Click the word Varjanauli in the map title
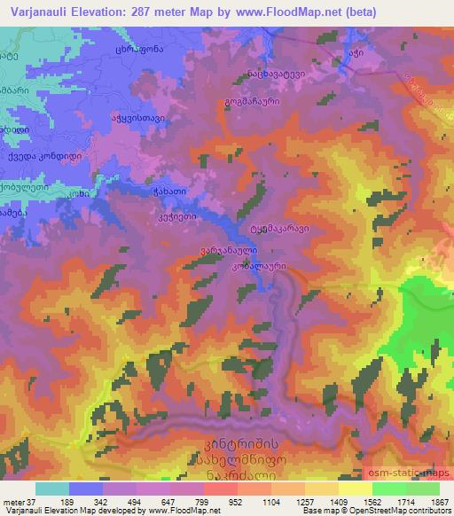(38, 12)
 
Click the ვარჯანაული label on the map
(222, 250)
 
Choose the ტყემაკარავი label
(278, 228)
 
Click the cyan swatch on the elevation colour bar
(53, 488)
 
